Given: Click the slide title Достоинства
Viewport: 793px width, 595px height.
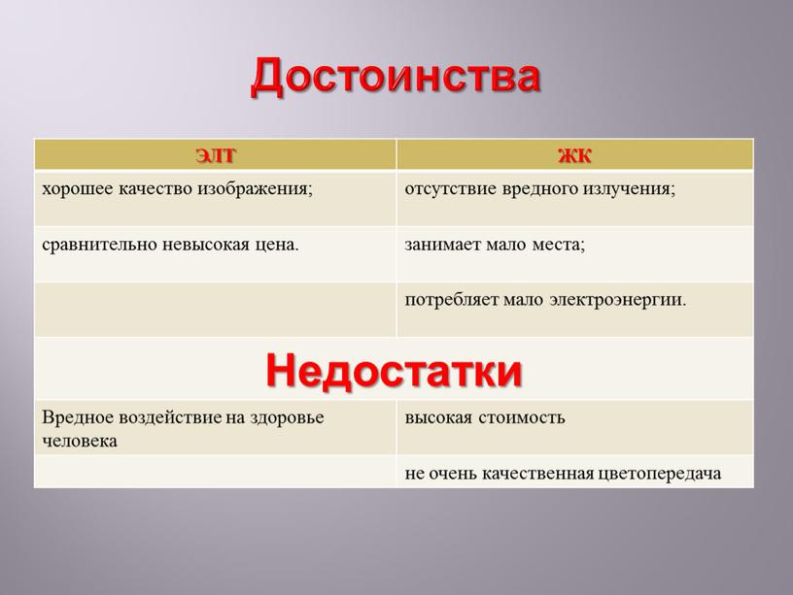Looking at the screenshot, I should (x=396, y=78).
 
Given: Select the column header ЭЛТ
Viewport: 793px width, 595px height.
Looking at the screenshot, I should (x=215, y=154).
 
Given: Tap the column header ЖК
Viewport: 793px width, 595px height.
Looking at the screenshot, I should (x=575, y=154).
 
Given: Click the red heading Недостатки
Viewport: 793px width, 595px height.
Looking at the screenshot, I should (x=394, y=369).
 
